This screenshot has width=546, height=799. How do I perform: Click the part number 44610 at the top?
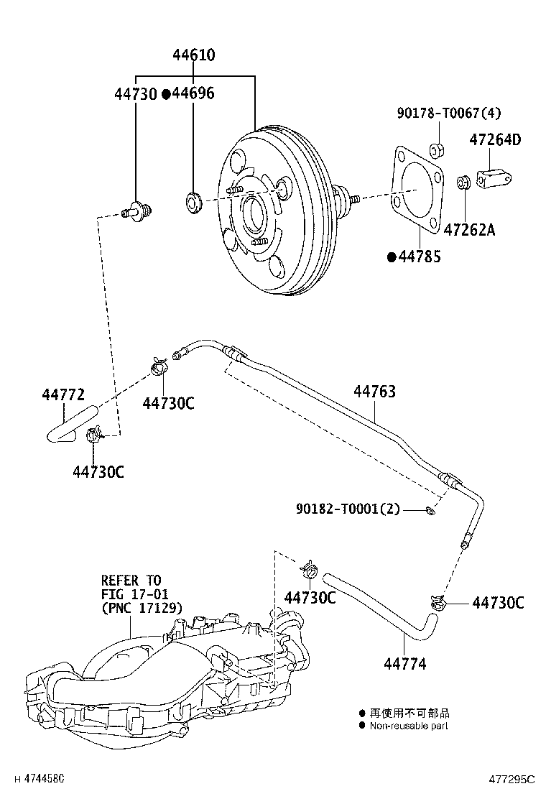click(x=194, y=55)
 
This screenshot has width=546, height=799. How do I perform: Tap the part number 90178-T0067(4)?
click(x=449, y=113)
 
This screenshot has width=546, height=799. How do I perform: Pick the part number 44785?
click(x=419, y=257)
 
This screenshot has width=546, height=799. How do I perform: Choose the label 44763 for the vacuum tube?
click(x=374, y=392)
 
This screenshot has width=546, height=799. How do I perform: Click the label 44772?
click(x=63, y=394)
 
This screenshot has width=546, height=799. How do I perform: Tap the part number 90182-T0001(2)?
click(x=348, y=509)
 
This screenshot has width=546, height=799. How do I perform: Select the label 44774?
click(x=404, y=665)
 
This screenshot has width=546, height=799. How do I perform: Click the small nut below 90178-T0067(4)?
click(x=435, y=150)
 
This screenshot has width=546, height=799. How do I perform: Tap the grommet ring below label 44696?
click(x=193, y=202)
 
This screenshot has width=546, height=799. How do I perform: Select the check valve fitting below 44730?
click(x=137, y=211)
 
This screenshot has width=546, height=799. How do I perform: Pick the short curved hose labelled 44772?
click(x=70, y=422)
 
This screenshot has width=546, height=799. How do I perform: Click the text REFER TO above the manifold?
click(x=131, y=580)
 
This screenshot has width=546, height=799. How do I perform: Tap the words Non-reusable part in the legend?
click(x=409, y=726)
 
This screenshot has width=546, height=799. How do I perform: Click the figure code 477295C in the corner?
click(x=512, y=779)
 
